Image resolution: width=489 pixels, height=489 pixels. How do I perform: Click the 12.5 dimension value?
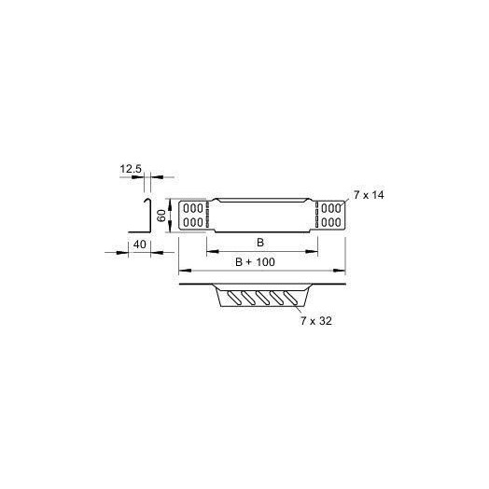[131, 169]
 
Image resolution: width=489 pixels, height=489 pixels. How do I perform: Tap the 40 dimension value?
[139, 244]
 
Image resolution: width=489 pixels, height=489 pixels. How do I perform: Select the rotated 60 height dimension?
[161, 216]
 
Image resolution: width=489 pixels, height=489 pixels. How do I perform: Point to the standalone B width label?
[260, 243]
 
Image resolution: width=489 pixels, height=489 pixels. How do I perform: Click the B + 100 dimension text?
[255, 262]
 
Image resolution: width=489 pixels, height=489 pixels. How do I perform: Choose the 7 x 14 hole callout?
[369, 195]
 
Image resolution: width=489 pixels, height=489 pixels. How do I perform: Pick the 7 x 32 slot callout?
[316, 321]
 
